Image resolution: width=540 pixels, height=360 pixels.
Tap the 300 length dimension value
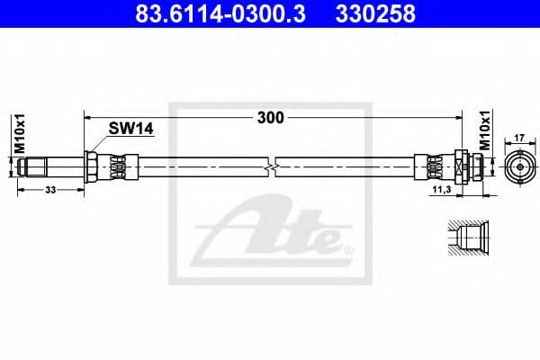click(x=270, y=117)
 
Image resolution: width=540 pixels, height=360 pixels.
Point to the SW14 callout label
click(x=131, y=130)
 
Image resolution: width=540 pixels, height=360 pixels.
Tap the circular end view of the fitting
click(x=519, y=167)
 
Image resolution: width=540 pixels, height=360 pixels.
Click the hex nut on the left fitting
click(x=91, y=167)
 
